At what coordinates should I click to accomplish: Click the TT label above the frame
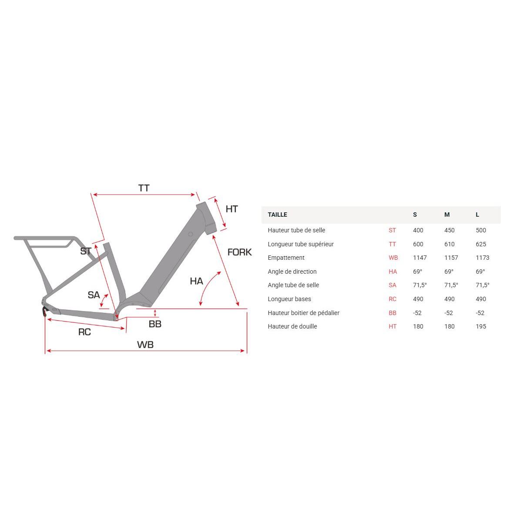[x=144, y=188]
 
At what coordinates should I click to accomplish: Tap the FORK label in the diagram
[x=239, y=252]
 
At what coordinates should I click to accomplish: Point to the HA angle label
[x=196, y=281]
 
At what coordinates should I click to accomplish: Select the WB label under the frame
[x=145, y=345]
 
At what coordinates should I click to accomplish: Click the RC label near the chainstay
[x=84, y=332]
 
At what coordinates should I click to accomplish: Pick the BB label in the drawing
[x=155, y=324]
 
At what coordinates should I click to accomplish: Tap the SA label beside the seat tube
[x=94, y=295]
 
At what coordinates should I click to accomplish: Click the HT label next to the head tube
[x=231, y=209]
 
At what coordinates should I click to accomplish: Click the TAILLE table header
[x=277, y=215]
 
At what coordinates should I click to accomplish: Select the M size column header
[x=447, y=215]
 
